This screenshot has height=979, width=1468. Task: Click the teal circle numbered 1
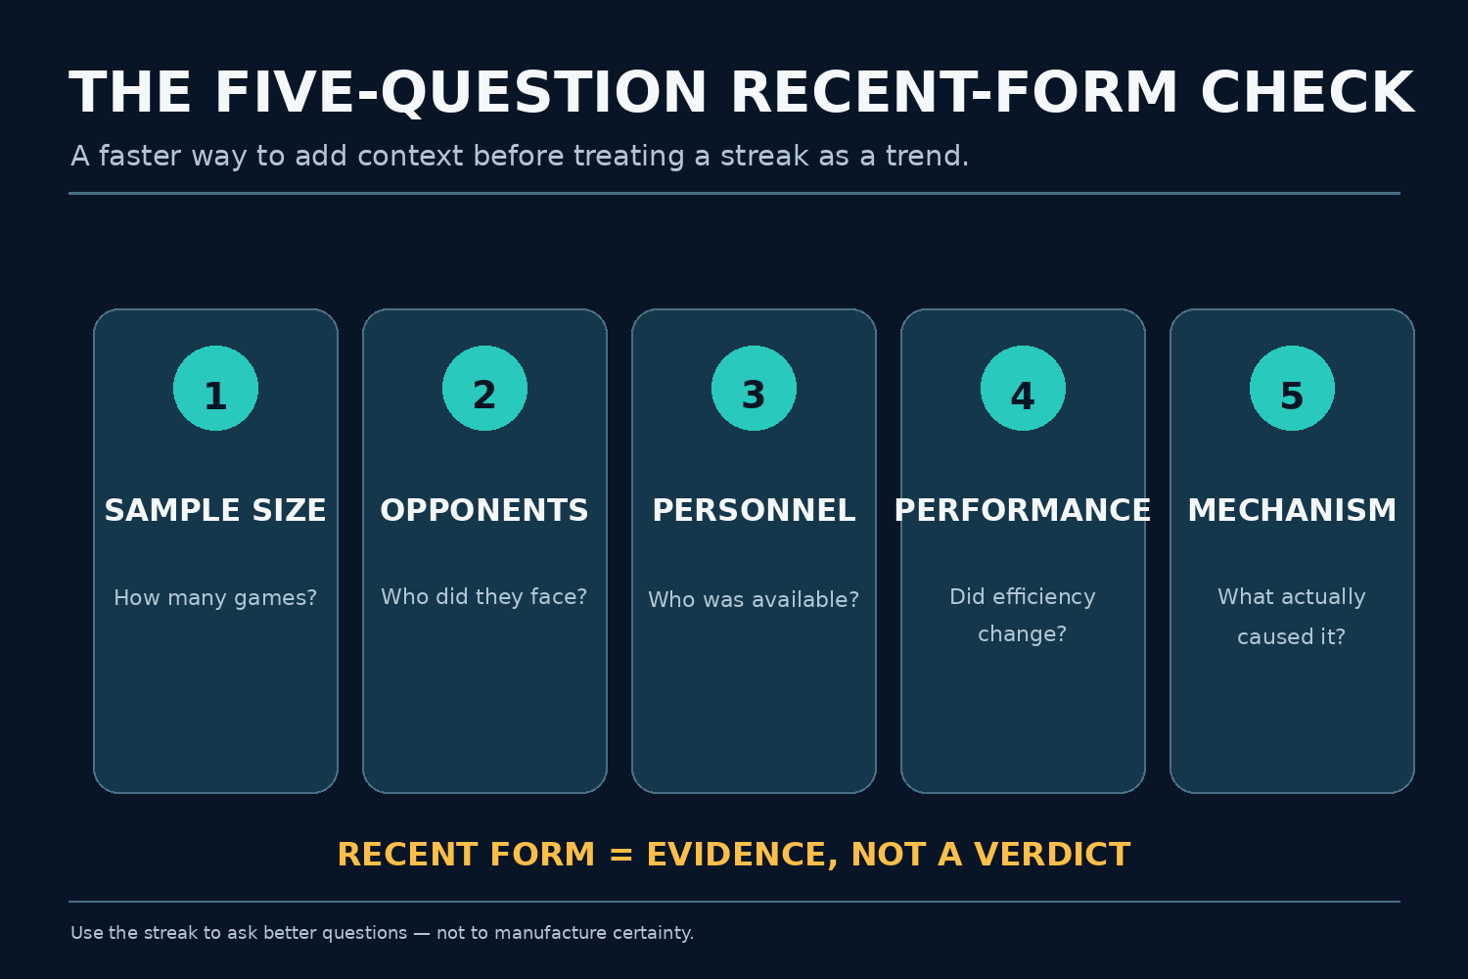(215, 389)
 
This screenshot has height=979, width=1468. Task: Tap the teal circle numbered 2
(485, 389)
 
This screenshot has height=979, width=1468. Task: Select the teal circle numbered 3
(754, 389)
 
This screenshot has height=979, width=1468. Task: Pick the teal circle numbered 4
(1023, 389)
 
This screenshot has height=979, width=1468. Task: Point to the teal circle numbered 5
(1293, 389)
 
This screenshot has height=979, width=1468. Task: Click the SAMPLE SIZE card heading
(215, 510)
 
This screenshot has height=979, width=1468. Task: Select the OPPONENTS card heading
(485, 510)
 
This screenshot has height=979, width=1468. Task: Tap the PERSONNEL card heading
(754, 510)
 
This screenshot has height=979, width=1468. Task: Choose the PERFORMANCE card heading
(1023, 510)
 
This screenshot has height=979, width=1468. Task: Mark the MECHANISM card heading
(1293, 510)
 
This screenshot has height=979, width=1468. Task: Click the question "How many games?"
(215, 598)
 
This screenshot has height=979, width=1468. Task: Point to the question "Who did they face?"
(485, 597)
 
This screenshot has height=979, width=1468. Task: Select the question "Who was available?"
(754, 599)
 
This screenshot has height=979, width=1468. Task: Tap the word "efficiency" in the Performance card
(1044, 597)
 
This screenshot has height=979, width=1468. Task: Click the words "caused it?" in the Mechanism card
(1292, 636)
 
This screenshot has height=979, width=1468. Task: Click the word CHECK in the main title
(1308, 93)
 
